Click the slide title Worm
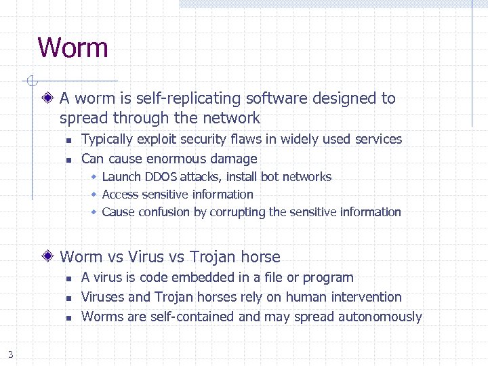pos(73,48)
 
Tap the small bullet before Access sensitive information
pos(95,195)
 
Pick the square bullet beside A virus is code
pos(68,278)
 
